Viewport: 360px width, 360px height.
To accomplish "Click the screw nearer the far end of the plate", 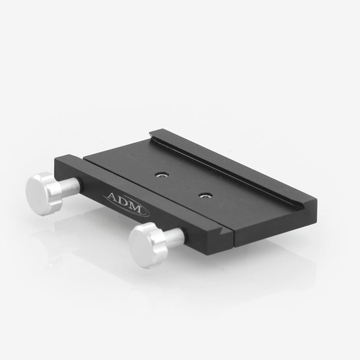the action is (x=158, y=175).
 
